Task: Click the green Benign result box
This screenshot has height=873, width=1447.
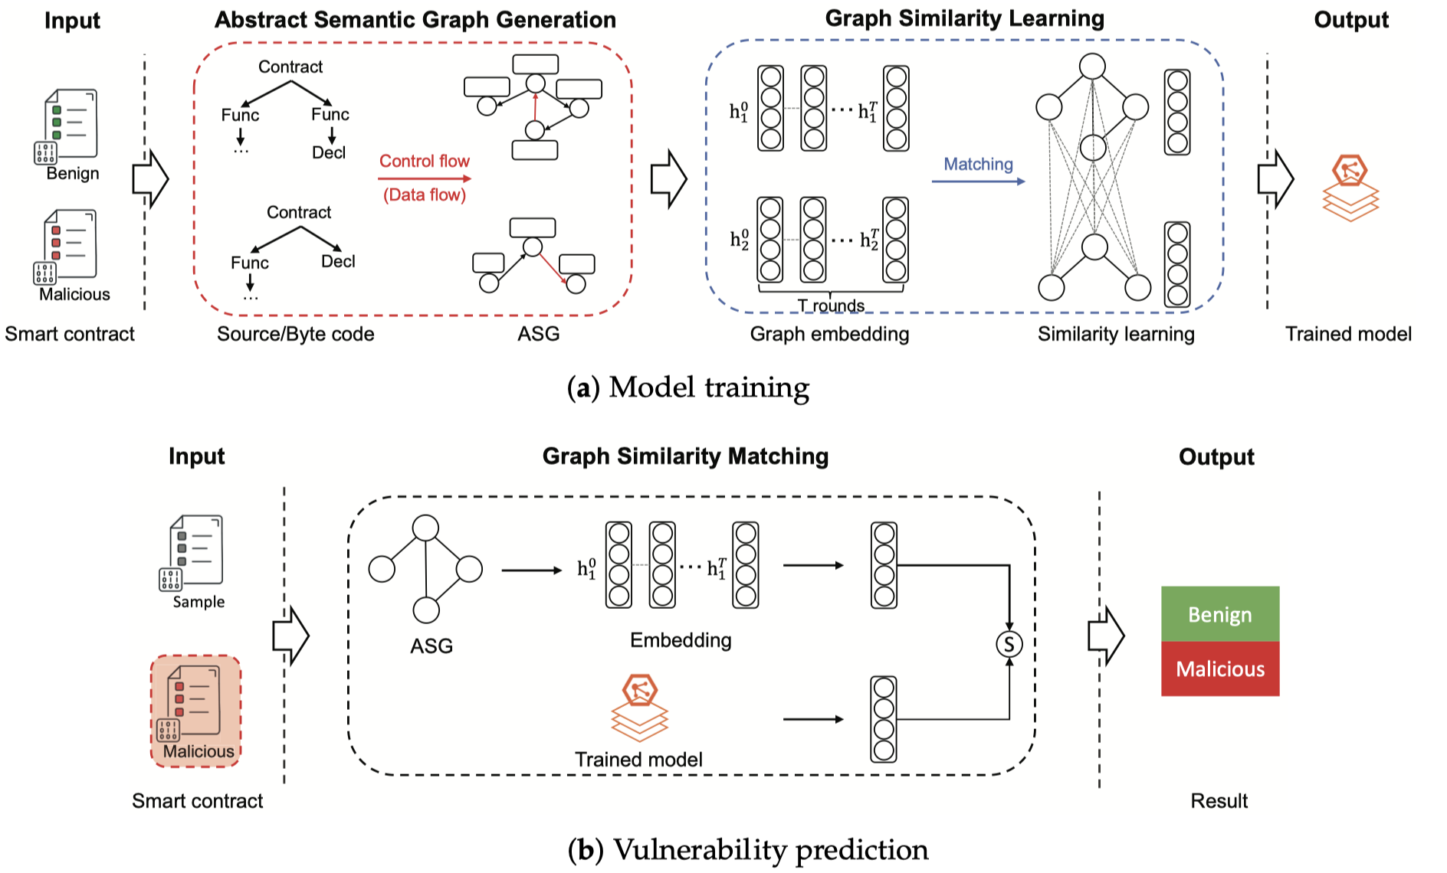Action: click(1219, 614)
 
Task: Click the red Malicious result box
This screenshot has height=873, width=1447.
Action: click(1219, 669)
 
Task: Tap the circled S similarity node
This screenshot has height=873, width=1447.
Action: click(1009, 644)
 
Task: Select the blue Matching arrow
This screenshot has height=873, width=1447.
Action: click(978, 181)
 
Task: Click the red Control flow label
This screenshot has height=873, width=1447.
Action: click(424, 162)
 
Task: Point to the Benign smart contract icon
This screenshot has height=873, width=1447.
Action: click(70, 126)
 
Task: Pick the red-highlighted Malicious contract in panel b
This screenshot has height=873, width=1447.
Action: click(196, 711)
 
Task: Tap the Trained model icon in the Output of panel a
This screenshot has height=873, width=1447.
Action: click(1350, 188)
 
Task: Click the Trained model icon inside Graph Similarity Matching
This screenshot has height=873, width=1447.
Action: click(639, 708)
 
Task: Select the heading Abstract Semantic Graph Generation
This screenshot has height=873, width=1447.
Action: click(415, 20)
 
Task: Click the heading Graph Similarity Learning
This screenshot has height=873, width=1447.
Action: click(964, 18)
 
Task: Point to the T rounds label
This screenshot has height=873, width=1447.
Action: click(831, 306)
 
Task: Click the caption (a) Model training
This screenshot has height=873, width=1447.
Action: click(687, 387)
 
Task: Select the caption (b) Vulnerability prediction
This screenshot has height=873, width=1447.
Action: click(748, 850)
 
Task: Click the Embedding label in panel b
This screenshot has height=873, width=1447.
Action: click(681, 640)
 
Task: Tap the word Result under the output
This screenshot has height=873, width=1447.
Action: click(1219, 801)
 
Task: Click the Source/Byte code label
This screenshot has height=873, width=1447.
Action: click(295, 334)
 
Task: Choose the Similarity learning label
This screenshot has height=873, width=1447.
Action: click(1116, 334)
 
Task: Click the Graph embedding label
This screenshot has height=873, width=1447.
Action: click(829, 334)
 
